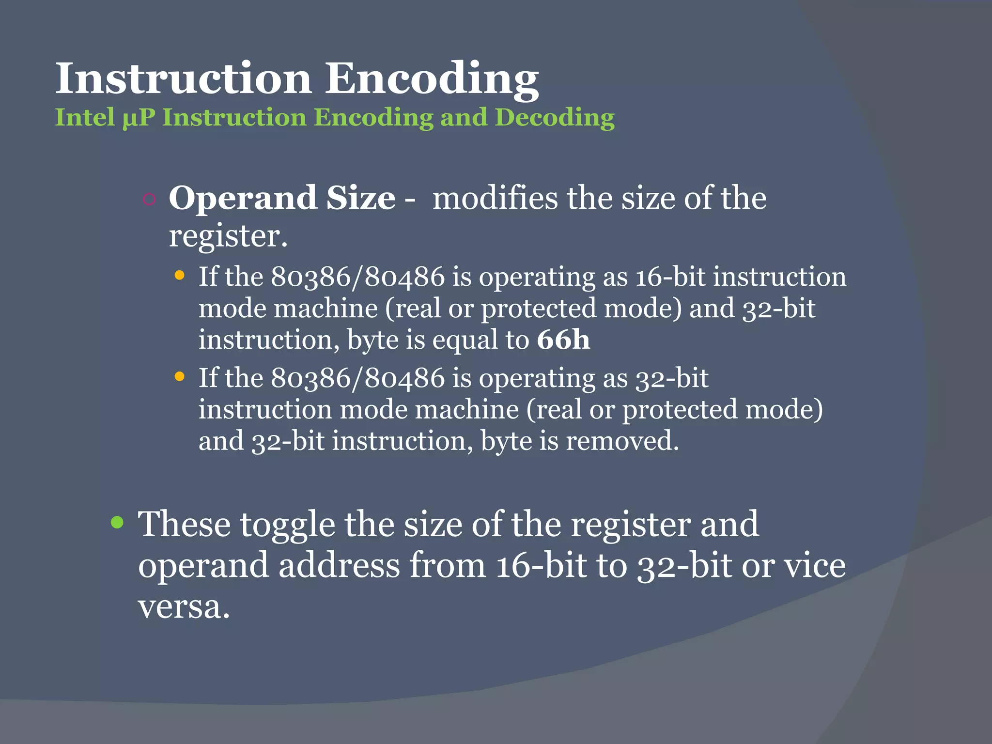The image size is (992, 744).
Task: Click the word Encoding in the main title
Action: pyautogui.click(x=431, y=79)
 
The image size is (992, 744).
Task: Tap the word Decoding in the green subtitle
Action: pyautogui.click(x=555, y=118)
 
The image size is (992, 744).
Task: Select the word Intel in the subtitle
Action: pyautogui.click(x=85, y=117)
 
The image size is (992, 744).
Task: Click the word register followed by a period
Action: pyautogui.click(x=228, y=236)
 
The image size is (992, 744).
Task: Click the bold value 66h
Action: pyautogui.click(x=563, y=340)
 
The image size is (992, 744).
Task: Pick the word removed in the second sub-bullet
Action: pyautogui.click(x=622, y=441)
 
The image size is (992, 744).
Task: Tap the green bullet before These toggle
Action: pyautogui.click(x=117, y=523)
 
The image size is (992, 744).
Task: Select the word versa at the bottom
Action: pyautogui.click(x=184, y=606)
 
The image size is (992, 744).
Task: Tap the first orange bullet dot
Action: pyautogui.click(x=180, y=276)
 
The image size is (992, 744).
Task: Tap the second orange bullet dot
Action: pyautogui.click(x=180, y=377)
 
